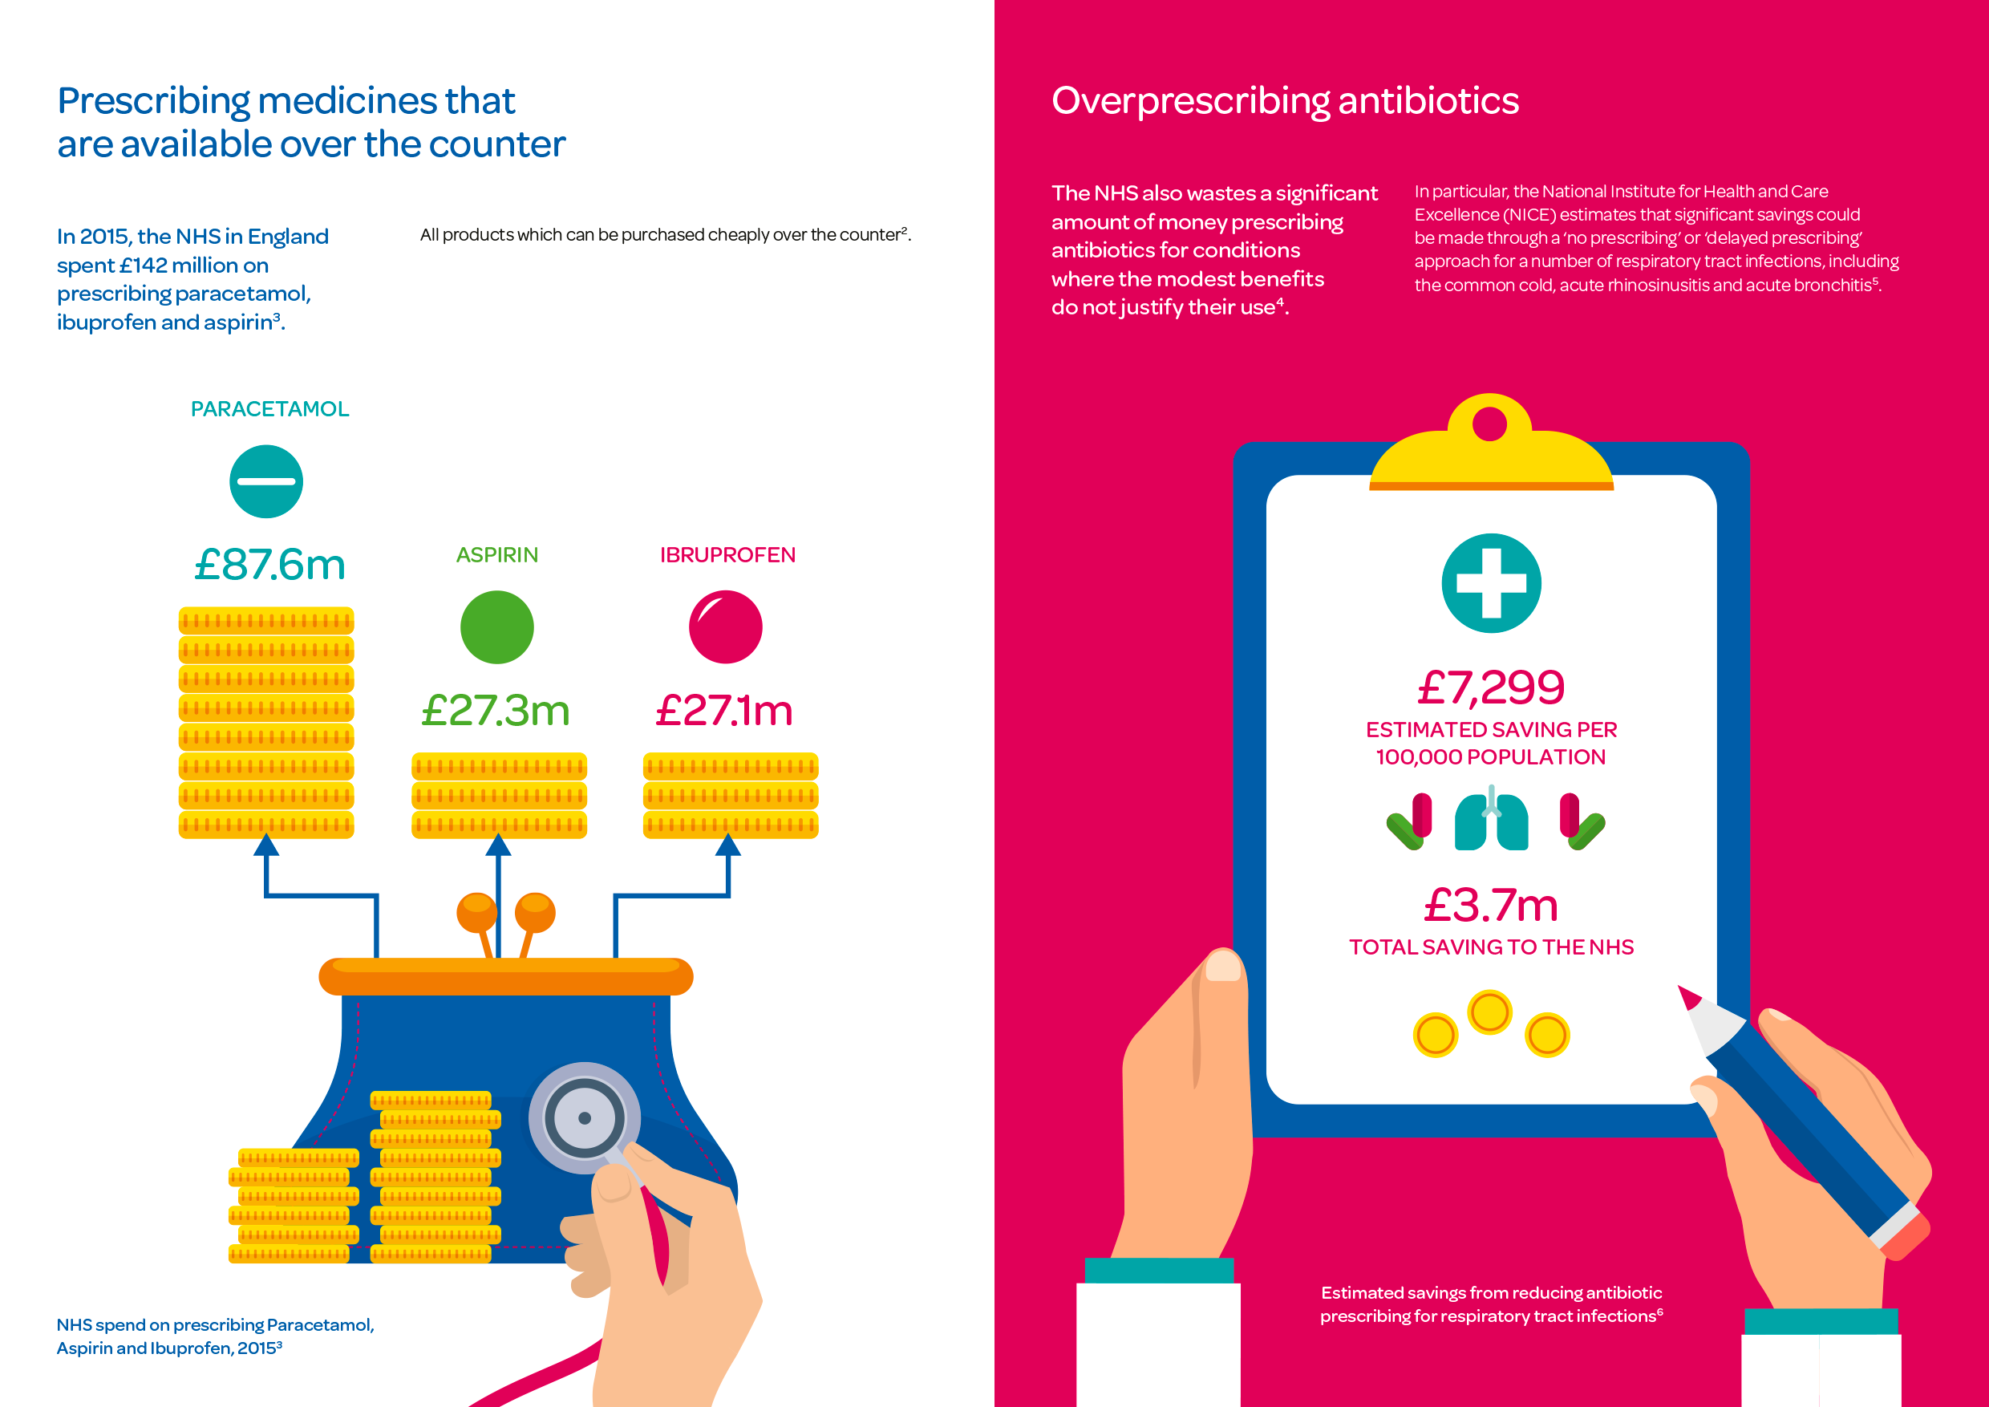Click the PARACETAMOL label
(x=269, y=409)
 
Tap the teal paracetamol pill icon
(x=266, y=482)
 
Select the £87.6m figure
(x=269, y=565)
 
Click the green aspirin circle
(x=496, y=627)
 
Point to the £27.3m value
(x=496, y=711)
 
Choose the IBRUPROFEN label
(x=727, y=555)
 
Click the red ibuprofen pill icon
(x=725, y=627)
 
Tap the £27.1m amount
(x=724, y=711)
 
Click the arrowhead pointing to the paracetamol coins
(x=266, y=845)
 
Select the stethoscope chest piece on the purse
(x=585, y=1117)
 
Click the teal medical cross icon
(x=1491, y=583)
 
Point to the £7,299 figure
(x=1491, y=688)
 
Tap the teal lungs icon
(x=1491, y=821)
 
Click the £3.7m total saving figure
(x=1491, y=906)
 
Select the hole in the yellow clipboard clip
(x=1490, y=424)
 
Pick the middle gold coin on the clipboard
(x=1490, y=1012)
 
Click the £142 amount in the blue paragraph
(x=144, y=265)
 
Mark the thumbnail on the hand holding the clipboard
(x=1222, y=965)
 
